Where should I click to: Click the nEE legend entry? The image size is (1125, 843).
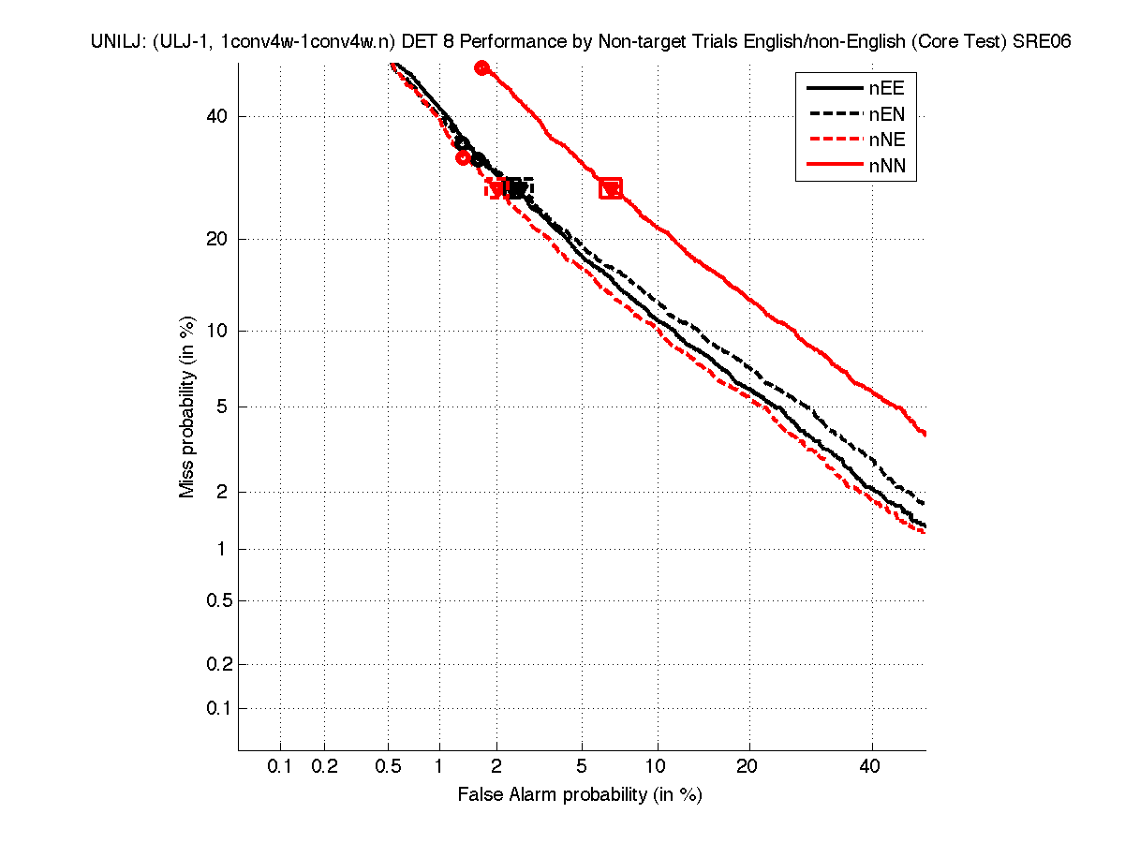tap(854, 89)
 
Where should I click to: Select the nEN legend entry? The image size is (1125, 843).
tap(854, 115)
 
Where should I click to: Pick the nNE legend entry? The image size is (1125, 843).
tap(854, 141)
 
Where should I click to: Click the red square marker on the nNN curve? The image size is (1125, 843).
tap(611, 188)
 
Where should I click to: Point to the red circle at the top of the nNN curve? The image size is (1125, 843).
tap(482, 67)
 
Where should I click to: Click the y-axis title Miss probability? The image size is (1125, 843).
tap(187, 407)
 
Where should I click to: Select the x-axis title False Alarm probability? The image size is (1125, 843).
tap(579, 795)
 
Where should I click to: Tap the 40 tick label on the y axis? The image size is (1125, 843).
tap(216, 117)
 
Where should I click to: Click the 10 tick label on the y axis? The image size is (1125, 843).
tap(216, 331)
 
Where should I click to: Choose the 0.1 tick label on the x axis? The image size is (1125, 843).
tap(280, 767)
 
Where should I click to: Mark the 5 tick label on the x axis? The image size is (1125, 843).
tap(582, 767)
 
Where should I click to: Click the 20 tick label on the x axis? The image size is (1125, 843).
tap(747, 767)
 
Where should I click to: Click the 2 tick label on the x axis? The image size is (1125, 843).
tap(497, 767)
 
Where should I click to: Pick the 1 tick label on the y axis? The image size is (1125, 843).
tap(221, 550)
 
